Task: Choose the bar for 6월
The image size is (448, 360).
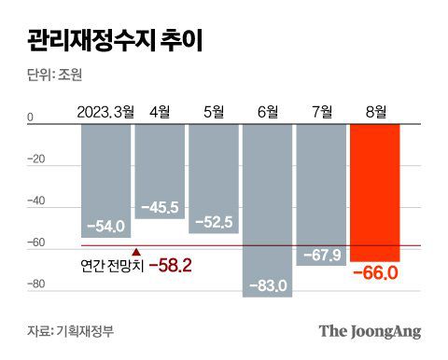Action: coord(267,196)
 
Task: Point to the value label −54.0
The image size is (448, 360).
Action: coord(105,227)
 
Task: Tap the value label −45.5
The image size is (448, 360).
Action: coord(160,207)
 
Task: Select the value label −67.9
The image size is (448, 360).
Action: coord(321,255)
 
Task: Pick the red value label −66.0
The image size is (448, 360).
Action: coord(376,273)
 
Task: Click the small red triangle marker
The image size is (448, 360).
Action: coord(137,251)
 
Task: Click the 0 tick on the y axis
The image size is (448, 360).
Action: coord(30,118)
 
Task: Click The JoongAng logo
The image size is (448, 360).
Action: coord(370,331)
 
